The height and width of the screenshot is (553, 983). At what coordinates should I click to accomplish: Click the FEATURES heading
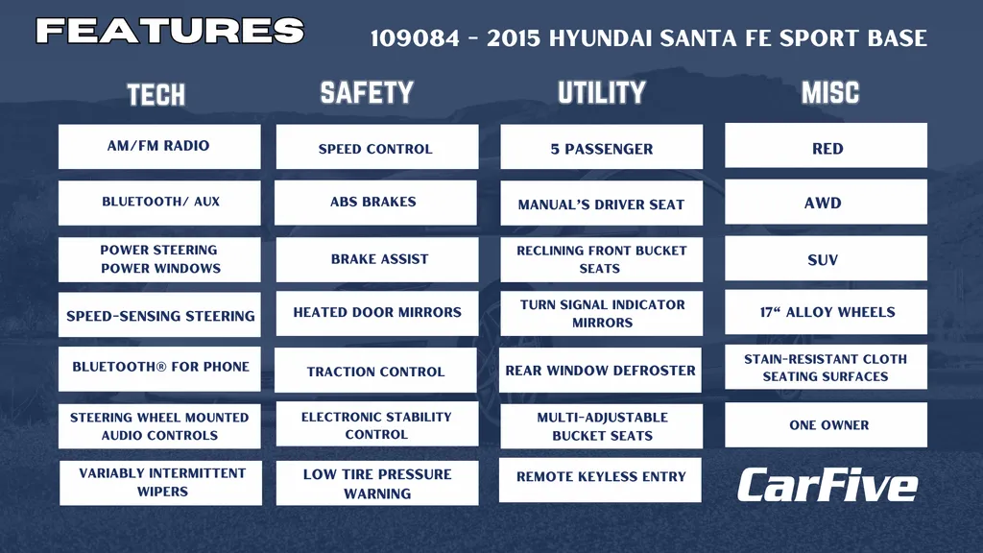pos(170,31)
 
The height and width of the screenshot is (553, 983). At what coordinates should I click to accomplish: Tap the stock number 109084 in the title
pos(415,38)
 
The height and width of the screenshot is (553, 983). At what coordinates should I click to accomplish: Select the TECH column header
pos(156,95)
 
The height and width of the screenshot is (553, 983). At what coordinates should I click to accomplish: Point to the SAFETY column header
pos(367,93)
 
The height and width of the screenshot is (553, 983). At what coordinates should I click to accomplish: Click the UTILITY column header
pos(602,93)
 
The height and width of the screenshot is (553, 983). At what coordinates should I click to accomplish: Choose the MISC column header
pos(830,93)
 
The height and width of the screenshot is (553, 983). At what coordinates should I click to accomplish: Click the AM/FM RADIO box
pos(159,146)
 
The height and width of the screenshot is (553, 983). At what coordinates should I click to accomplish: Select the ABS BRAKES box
pos(375,203)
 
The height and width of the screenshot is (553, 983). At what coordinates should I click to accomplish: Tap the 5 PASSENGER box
pos(601,147)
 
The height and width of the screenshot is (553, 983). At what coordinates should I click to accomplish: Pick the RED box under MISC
pos(826,146)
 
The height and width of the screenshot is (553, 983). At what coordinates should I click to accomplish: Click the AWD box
pos(826,202)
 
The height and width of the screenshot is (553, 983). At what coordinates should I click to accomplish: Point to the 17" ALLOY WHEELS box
pos(826,312)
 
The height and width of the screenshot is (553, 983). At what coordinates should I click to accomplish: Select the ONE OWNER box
pos(826,424)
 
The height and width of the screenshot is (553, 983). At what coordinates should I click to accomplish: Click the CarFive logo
pos(827,485)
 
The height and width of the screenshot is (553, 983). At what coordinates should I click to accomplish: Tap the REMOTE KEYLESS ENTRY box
pos(600,480)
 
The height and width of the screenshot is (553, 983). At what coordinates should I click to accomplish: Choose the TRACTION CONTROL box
pos(375,370)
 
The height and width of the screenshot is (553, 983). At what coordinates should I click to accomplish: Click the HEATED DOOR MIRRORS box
pos(376,313)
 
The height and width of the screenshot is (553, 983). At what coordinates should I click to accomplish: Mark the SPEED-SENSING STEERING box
pos(159,314)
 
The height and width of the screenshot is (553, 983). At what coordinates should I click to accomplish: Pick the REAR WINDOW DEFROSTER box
pos(600,370)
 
